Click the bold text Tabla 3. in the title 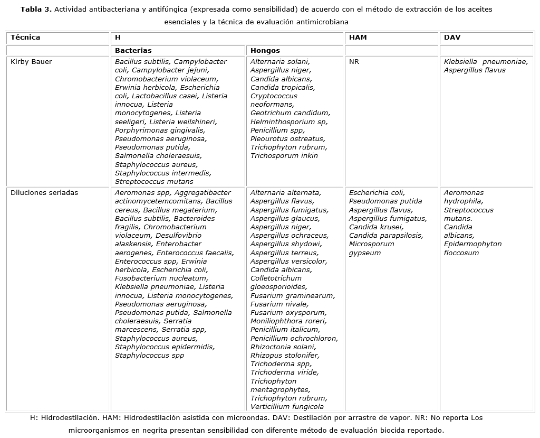[x=36, y=10]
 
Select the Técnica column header [x=25, y=38]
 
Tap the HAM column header [x=358, y=38]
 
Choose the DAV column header [x=452, y=38]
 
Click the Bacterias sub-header [x=133, y=51]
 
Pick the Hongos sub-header [x=265, y=51]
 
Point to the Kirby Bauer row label [x=31, y=62]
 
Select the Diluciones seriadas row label [x=44, y=193]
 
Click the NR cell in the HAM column [x=354, y=62]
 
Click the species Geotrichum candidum [x=290, y=113]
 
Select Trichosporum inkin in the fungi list [x=284, y=156]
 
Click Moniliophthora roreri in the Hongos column [x=288, y=321]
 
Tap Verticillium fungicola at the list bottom [x=287, y=407]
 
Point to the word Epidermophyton [x=472, y=244]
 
